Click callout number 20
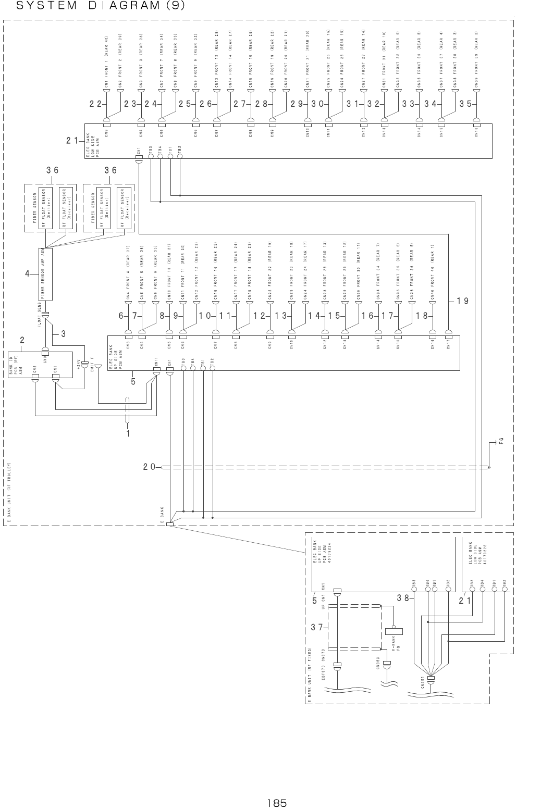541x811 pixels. (x=150, y=467)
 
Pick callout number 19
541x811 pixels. (x=462, y=301)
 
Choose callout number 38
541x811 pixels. (x=402, y=598)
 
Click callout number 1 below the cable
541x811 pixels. (x=128, y=432)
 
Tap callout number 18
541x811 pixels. (x=423, y=316)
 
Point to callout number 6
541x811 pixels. (x=121, y=316)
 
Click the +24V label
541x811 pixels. (x=78, y=363)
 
